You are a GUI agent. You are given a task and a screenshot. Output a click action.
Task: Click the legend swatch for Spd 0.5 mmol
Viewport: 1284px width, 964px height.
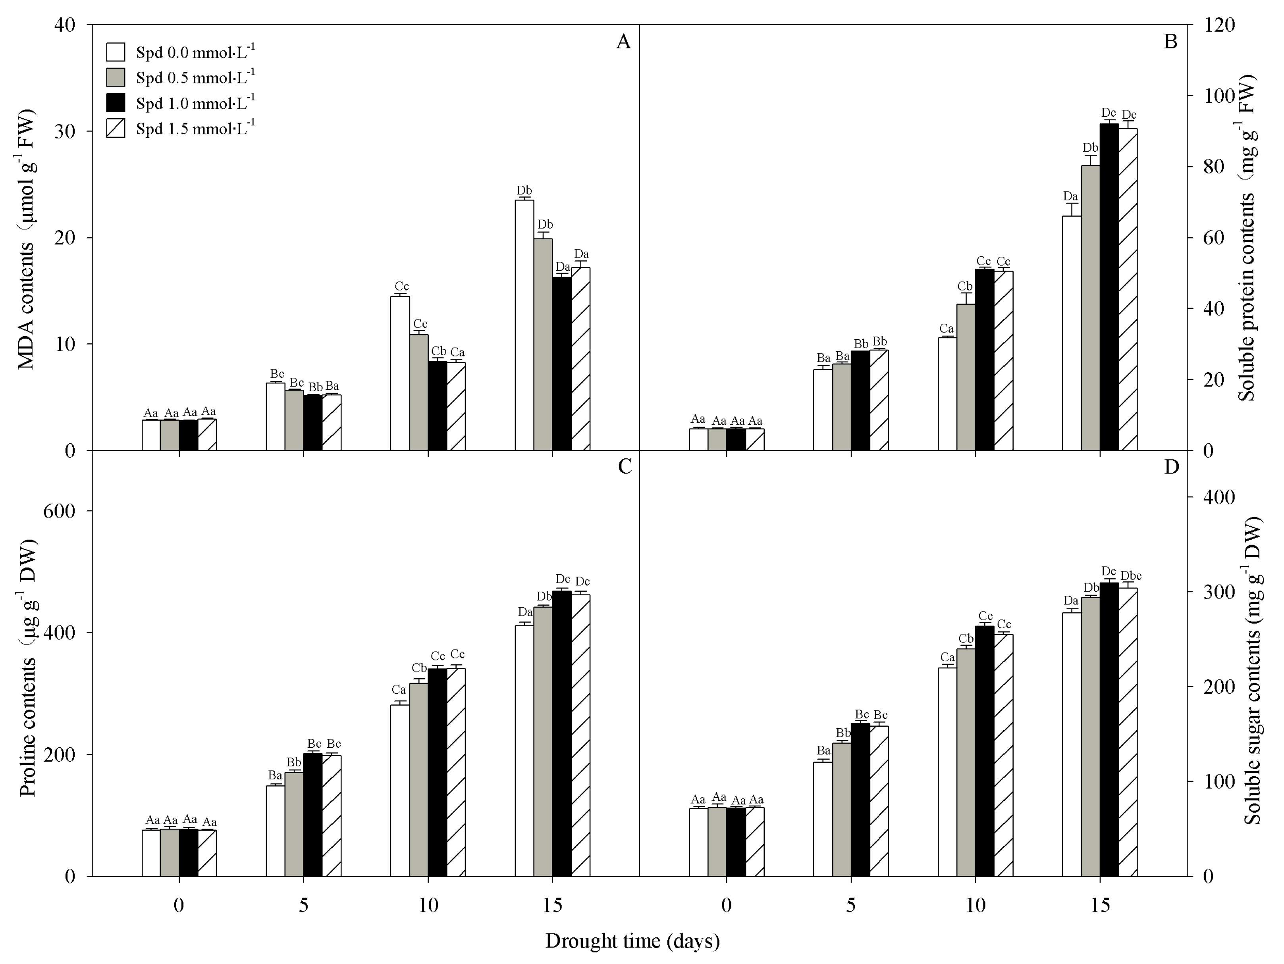click(x=116, y=77)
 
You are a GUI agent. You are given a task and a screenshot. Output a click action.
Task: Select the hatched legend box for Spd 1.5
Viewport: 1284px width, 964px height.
click(x=116, y=128)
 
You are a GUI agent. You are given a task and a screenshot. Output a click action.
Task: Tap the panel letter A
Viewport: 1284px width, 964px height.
click(x=623, y=42)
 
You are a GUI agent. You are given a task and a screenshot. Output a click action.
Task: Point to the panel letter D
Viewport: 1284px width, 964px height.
click(x=1171, y=467)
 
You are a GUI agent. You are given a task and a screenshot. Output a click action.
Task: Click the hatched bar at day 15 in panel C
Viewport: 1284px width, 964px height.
click(x=580, y=735)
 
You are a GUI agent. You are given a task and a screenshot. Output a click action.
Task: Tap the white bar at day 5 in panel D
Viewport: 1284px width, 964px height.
click(x=823, y=819)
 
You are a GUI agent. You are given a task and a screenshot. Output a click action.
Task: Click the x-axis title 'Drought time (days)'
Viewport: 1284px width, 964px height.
click(x=632, y=940)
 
